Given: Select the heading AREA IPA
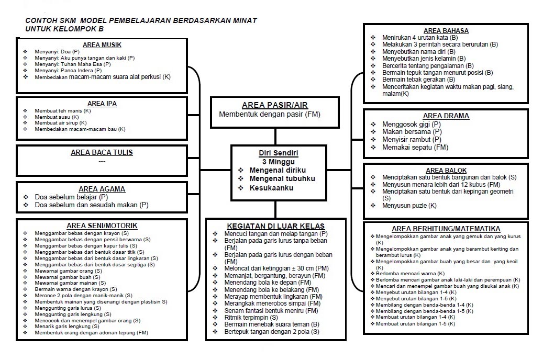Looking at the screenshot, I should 102,104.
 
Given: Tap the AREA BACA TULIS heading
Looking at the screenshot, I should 102,153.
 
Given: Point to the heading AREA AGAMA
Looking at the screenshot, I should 102,189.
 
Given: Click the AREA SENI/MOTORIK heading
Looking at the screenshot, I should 102,226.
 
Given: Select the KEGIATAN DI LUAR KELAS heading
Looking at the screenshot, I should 276,226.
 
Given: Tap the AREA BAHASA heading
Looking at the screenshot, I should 445,31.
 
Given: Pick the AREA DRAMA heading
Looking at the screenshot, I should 446,116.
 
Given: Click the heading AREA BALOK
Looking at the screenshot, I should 446,171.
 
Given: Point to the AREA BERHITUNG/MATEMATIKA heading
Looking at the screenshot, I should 446,229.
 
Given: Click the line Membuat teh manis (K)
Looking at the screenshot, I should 63,111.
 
